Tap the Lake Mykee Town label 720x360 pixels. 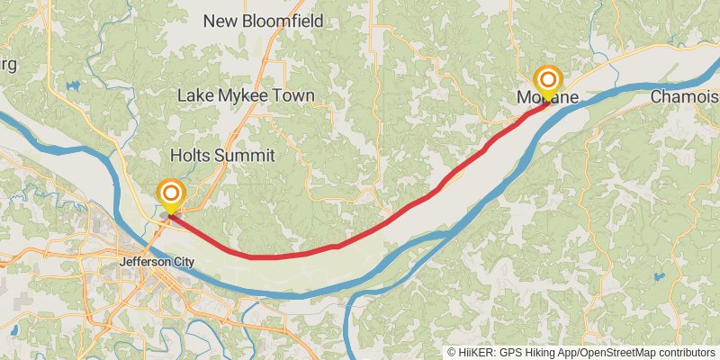coord(246,95)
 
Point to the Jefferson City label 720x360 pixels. coord(157,262)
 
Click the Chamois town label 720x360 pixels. coord(684,96)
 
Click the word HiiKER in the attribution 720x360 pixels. coord(480,352)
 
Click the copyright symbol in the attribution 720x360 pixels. coord(453,352)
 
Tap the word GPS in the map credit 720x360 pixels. coord(512,352)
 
